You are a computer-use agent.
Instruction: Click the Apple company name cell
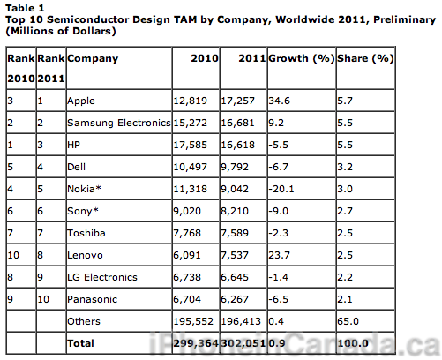click(81, 101)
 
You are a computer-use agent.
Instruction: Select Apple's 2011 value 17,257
click(237, 101)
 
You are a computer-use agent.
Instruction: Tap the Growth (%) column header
click(302, 58)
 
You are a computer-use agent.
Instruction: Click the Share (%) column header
click(365, 58)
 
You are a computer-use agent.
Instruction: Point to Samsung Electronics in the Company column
click(119, 123)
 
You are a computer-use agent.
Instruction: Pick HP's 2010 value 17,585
click(190, 145)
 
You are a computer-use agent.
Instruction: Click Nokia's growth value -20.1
click(281, 189)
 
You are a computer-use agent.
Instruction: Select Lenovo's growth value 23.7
click(279, 255)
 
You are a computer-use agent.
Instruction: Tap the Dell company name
click(76, 167)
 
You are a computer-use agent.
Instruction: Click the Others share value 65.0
click(348, 321)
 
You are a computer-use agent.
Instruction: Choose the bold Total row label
click(80, 343)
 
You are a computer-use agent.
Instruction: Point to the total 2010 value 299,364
click(196, 343)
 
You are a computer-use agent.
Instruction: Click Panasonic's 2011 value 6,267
click(235, 299)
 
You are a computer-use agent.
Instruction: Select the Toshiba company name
click(86, 233)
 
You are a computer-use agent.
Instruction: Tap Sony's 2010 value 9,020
click(187, 211)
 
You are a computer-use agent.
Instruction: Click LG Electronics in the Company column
click(102, 277)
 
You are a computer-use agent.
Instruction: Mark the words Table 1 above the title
click(25, 8)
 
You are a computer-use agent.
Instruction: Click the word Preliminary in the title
click(404, 20)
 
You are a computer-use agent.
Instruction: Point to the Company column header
click(93, 59)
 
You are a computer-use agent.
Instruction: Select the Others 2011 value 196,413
click(241, 321)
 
